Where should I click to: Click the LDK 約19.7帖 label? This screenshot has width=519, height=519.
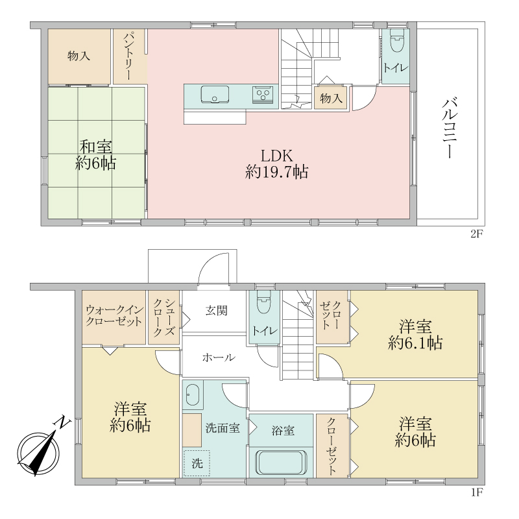pos(277,164)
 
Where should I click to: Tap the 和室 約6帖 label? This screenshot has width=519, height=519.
pos(95,155)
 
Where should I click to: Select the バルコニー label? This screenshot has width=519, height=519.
pos(450,128)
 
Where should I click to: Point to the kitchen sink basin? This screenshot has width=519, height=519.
pos(215,94)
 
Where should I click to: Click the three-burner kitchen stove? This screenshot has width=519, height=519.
pos(263,94)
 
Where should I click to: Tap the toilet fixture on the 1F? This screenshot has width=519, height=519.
pos(264,302)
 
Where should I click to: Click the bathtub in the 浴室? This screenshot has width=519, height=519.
pos(281,463)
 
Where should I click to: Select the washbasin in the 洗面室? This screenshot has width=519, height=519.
pos(192,394)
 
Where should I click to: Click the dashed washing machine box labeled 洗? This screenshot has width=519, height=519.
pos(197,463)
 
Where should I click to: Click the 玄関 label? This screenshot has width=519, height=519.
pos(217,311)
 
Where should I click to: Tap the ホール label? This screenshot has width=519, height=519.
pos(219,357)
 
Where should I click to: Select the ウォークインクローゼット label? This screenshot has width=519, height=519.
pos(114,315)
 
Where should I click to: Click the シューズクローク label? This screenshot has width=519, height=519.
pos(164,317)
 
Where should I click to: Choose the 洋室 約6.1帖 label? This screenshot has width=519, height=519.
pos(415,334)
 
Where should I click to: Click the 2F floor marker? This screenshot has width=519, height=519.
pos(477,234)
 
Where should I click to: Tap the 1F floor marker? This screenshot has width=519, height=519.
pos(477,492)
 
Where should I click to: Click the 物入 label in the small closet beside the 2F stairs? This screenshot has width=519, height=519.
pos(331,98)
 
